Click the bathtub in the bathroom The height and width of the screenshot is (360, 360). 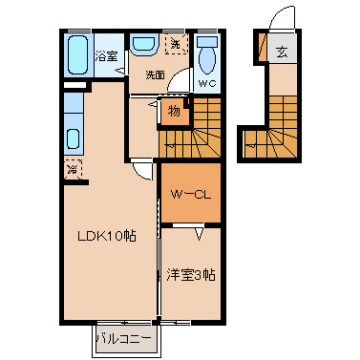pos(78,55)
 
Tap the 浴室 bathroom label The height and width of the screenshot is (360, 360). pos(106,56)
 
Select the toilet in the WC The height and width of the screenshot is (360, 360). pos(207,55)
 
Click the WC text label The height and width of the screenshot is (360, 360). pos(207,83)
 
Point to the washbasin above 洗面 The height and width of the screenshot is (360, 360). pos(143,45)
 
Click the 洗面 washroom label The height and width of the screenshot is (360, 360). pos(155,75)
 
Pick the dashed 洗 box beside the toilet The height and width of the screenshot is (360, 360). pos(177,43)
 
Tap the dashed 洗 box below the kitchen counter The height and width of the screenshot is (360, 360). pos(73,169)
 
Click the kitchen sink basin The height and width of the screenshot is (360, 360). pos(73,139)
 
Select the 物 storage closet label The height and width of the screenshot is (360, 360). pos(174,111)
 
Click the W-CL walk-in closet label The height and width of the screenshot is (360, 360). pos(191,195)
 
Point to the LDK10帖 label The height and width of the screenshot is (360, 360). pos(107,236)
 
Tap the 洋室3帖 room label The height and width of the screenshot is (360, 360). pos(191,275)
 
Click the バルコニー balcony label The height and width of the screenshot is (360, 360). pos(126,340)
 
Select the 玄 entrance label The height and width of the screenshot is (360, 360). pos(282,52)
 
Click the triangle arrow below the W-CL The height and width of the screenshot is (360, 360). pos(199,234)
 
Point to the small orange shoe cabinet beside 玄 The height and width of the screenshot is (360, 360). pos(263,48)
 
